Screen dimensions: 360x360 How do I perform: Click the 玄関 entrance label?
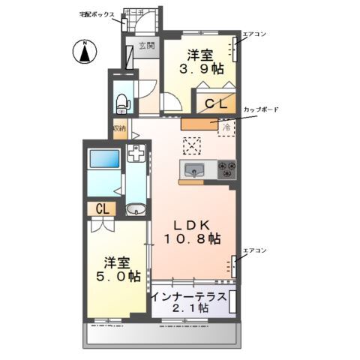pyautogui.click(x=146, y=46)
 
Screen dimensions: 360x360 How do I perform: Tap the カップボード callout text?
pyautogui.click(x=260, y=109)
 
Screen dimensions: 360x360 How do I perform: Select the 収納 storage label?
pyautogui.click(x=119, y=128)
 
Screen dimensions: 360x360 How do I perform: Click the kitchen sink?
pyautogui.click(x=196, y=169)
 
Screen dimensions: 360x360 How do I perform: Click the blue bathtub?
pyautogui.click(x=104, y=160)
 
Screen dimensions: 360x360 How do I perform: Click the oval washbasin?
pyautogui.click(x=136, y=209)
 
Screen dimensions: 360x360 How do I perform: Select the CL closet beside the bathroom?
pyautogui.click(x=100, y=209)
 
